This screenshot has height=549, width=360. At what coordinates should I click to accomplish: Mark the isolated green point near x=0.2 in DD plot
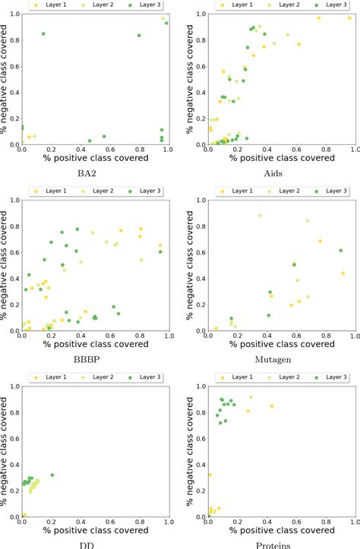(52, 475)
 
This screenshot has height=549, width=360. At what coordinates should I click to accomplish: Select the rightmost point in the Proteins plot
(271, 406)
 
